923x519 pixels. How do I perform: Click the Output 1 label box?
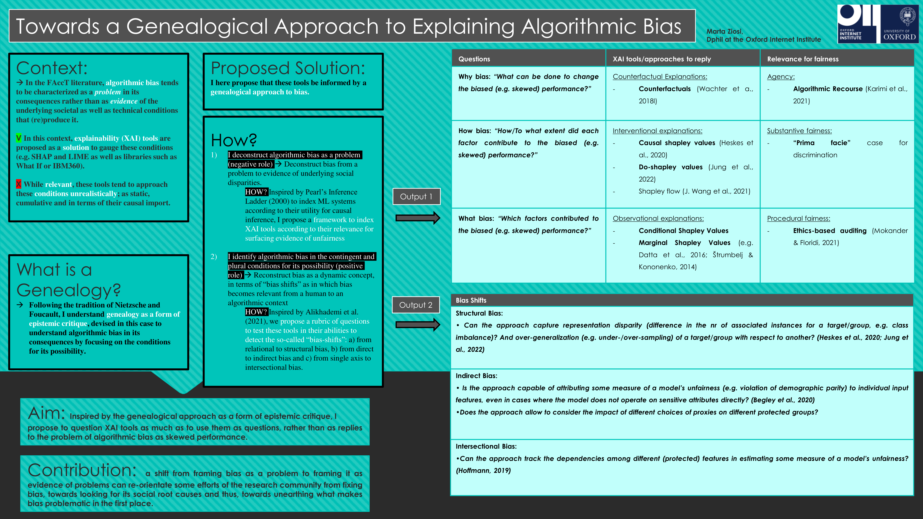[x=416, y=197]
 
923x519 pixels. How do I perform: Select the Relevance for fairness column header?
[x=803, y=59]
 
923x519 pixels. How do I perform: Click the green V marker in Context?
[x=19, y=138]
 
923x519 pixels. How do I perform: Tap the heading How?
[x=234, y=140]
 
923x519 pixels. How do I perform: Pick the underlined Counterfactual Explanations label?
[x=660, y=77]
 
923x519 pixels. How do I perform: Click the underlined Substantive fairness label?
[x=799, y=131]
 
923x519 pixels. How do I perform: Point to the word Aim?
[x=46, y=413]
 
